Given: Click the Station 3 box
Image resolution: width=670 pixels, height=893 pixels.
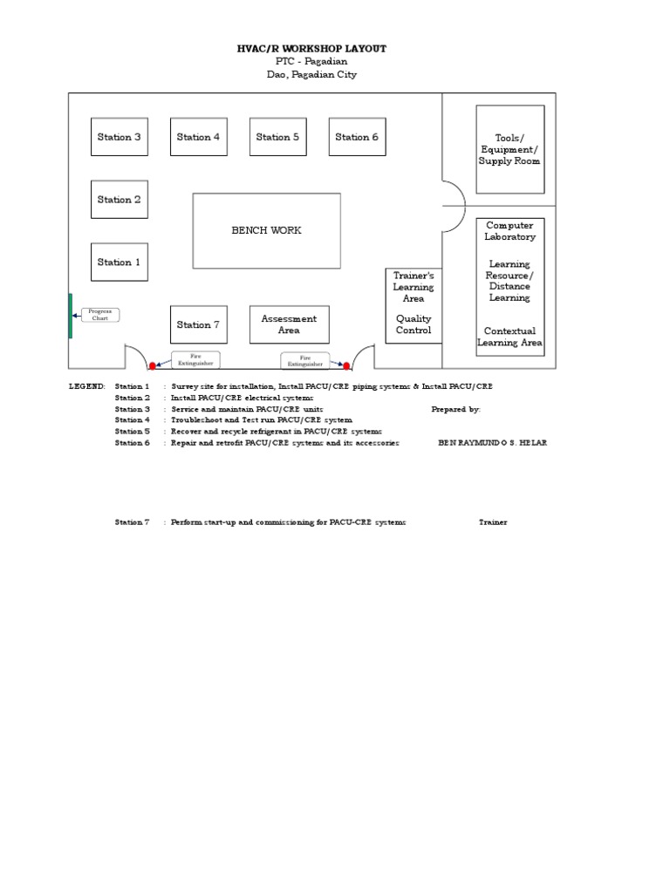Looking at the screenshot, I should click(120, 137).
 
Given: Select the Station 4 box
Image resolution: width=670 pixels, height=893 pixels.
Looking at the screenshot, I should click(198, 137).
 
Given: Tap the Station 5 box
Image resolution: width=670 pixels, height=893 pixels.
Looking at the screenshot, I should click(277, 137).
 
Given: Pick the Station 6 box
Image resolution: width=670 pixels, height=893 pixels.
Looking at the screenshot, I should click(357, 137).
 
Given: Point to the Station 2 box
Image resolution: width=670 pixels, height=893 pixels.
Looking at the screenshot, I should click(120, 200).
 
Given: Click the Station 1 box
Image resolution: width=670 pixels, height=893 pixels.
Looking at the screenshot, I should click(120, 262).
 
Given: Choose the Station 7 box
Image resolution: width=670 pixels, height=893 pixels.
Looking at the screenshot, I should click(198, 324).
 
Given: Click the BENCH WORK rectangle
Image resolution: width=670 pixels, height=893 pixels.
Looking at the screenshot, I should click(266, 230).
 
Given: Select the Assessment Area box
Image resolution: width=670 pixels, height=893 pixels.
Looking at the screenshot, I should click(289, 324).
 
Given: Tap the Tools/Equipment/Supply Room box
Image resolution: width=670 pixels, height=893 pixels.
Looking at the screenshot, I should click(509, 149).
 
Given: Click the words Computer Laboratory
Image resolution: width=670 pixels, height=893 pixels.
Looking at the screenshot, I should click(509, 231).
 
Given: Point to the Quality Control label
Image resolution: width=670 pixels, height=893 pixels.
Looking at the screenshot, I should click(414, 324).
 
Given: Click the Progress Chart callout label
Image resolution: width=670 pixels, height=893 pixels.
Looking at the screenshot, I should click(101, 315).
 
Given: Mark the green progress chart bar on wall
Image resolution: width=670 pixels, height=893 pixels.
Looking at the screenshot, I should click(71, 315).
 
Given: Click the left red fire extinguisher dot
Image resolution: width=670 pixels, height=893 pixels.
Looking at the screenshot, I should click(153, 365).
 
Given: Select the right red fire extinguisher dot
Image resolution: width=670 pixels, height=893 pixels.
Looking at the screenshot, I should click(346, 365).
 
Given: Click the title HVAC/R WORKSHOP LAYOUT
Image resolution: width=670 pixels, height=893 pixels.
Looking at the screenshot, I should click(311, 49).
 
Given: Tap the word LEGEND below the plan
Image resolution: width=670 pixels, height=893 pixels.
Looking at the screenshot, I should click(87, 386).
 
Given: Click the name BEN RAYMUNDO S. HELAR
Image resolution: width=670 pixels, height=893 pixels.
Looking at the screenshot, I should click(492, 443).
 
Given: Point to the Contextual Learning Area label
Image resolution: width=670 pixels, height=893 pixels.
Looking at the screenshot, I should click(509, 337).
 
